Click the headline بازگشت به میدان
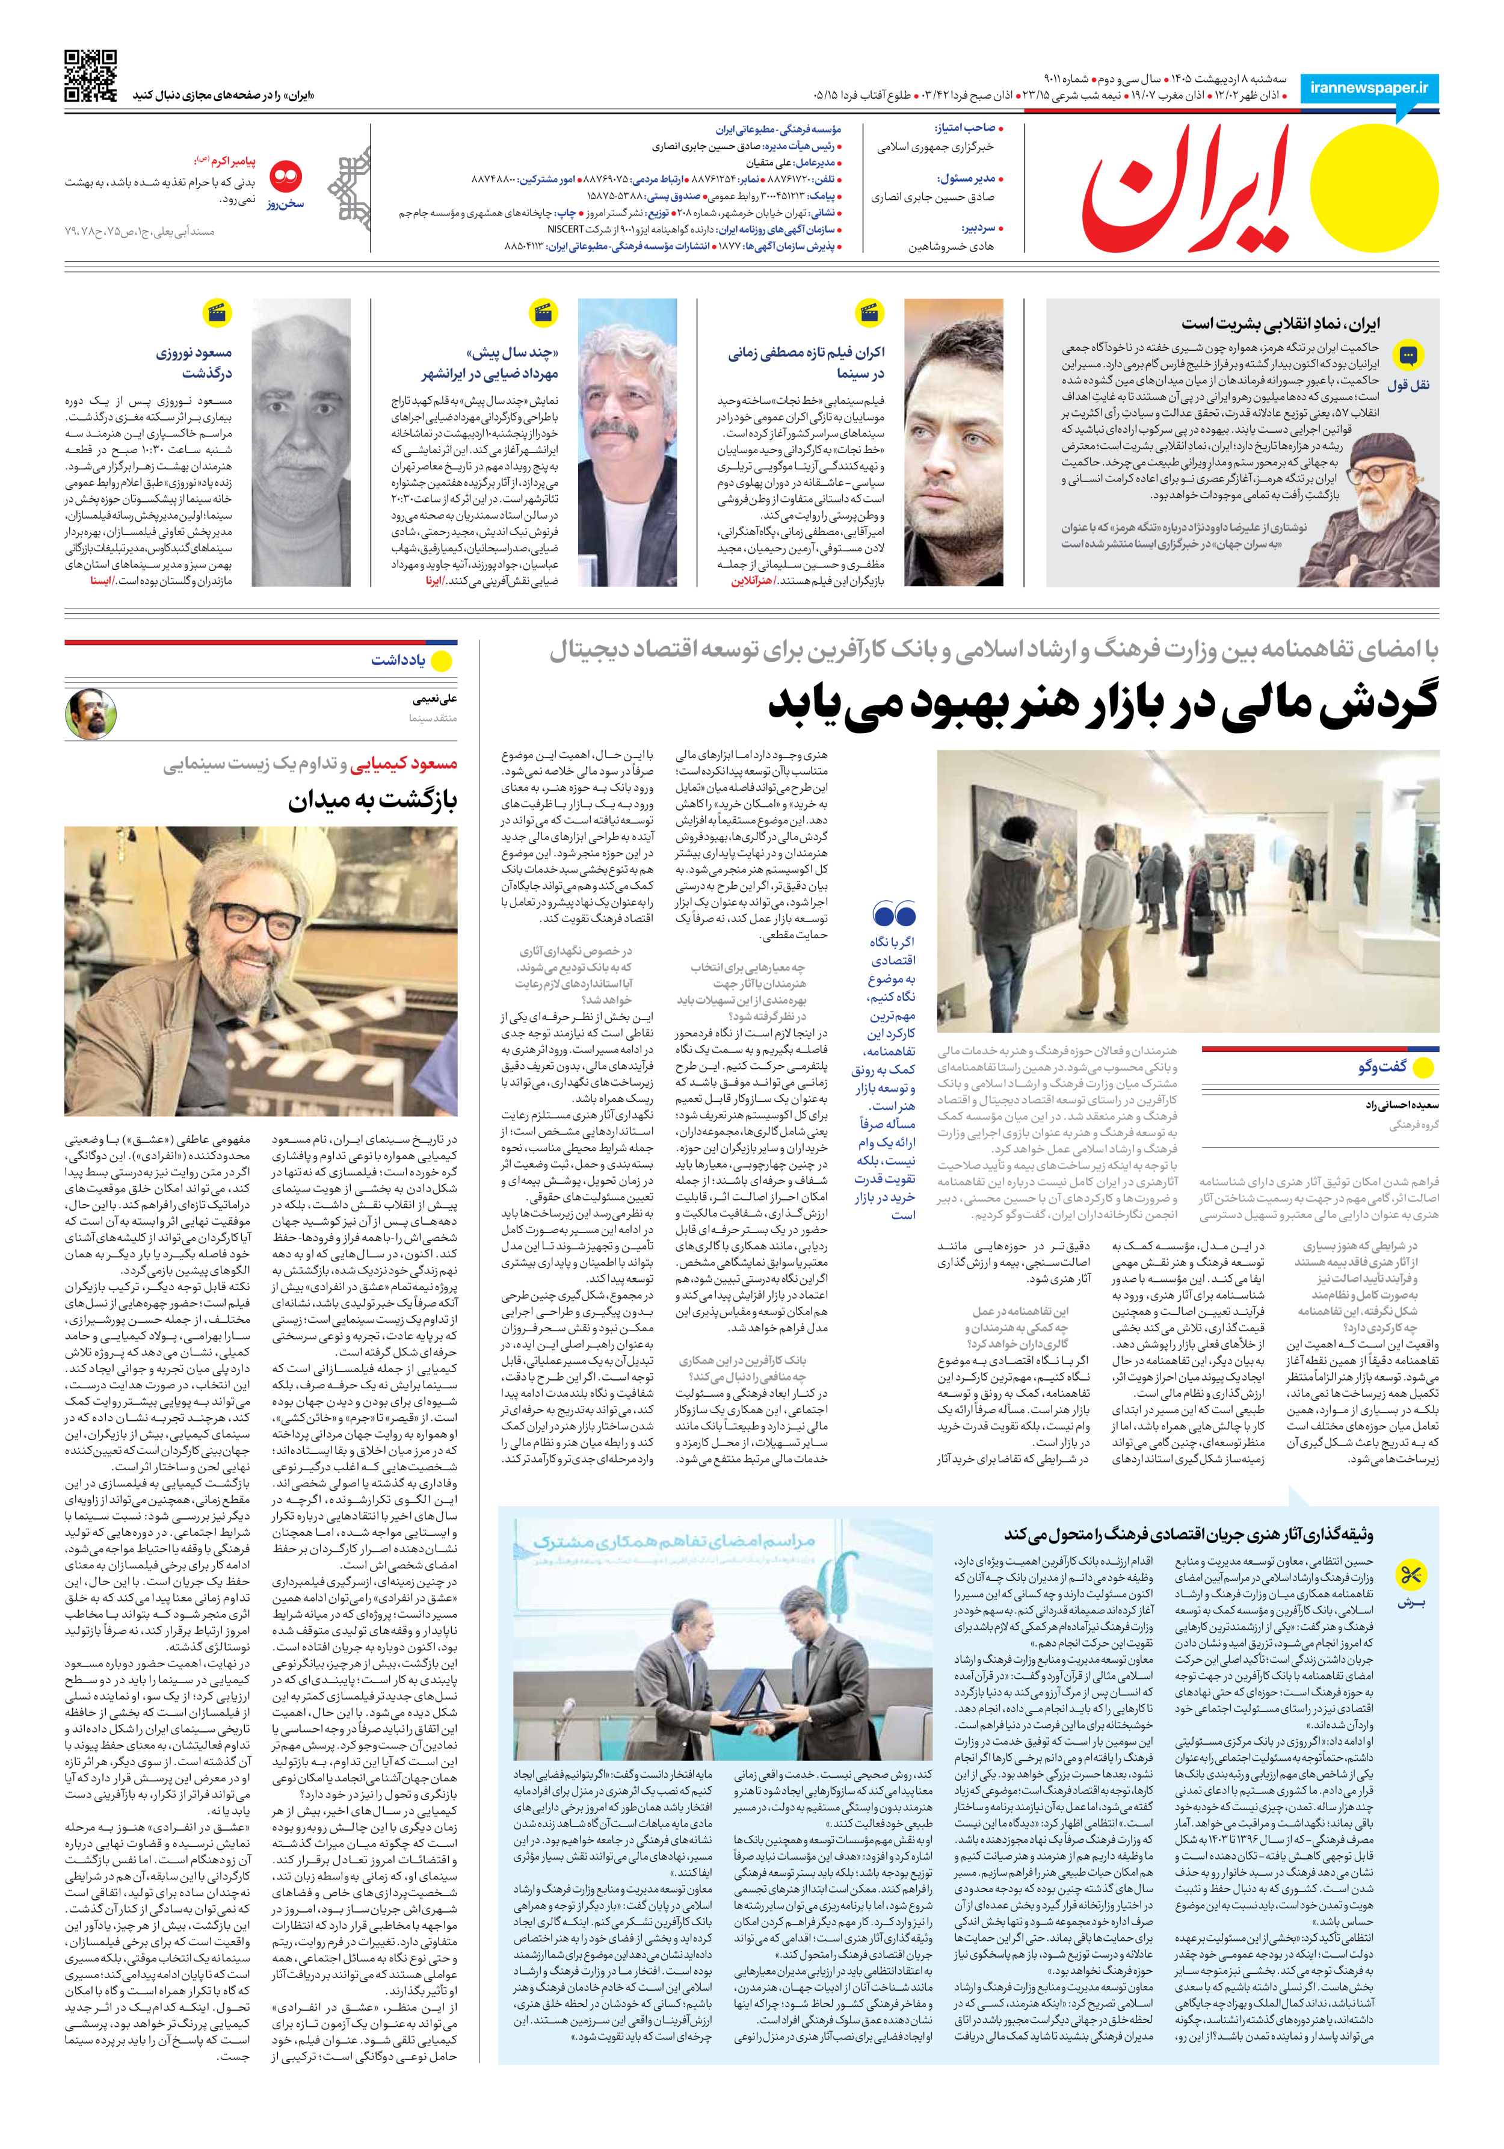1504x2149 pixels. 372,801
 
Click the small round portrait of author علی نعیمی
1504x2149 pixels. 91,714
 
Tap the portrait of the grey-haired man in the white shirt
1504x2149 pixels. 627,442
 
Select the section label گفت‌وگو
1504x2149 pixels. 1382,1067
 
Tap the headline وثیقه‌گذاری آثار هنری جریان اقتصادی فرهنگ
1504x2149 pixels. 1189,1534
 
